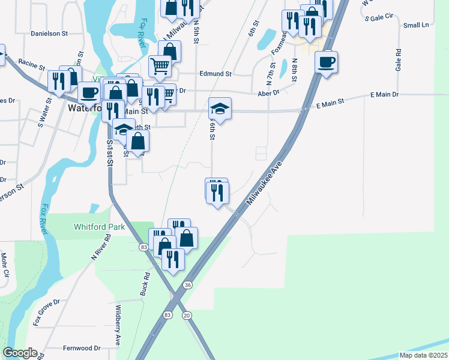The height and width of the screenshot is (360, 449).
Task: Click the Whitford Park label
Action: point(99,227)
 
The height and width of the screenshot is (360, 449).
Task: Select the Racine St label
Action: point(32,61)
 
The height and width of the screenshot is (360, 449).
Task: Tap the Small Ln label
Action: point(416,25)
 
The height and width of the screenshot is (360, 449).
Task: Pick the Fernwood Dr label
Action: point(81,348)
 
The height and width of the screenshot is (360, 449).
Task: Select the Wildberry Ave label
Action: point(118,329)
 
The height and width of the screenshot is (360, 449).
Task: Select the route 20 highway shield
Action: point(187,316)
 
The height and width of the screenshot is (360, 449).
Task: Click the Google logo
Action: point(19,353)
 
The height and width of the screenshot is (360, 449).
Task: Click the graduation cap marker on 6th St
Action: point(220,109)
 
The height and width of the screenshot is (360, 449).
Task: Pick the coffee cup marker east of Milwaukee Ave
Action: point(326,62)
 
